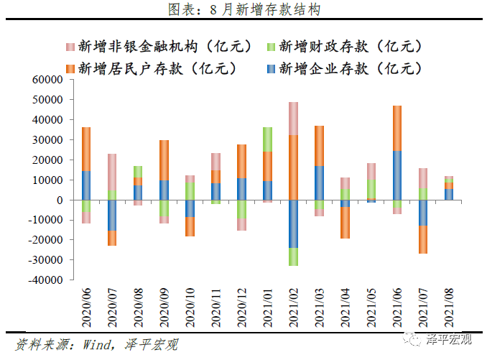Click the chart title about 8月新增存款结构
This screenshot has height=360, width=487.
tap(243, 9)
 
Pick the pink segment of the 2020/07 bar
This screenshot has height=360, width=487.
tap(112, 172)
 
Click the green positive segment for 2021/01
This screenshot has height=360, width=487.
tap(266, 139)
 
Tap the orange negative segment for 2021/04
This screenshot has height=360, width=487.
tap(345, 222)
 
